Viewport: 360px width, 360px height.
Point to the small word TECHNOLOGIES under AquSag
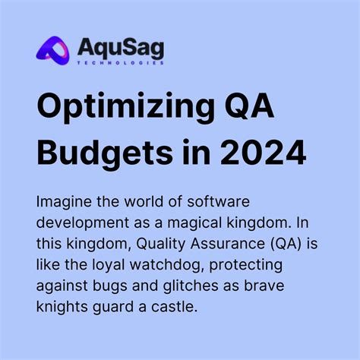(121, 63)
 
